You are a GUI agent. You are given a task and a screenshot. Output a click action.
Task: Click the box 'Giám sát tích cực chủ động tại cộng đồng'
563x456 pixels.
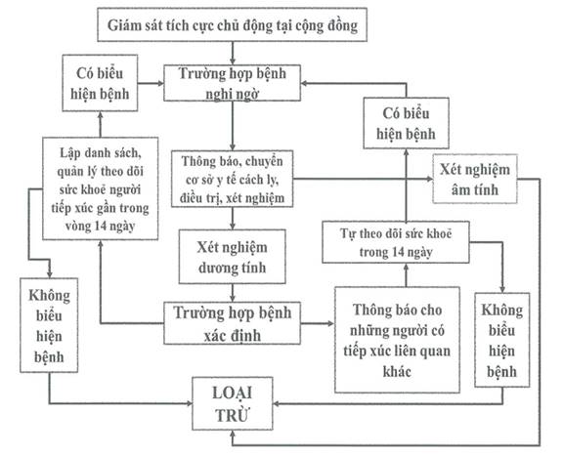coord(232,24)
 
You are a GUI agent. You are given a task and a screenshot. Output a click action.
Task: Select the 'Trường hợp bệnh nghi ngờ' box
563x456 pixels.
coord(232,83)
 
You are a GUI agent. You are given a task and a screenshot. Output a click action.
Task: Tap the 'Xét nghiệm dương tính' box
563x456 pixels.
coord(233,257)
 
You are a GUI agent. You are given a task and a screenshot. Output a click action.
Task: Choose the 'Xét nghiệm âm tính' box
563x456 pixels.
coord(475,179)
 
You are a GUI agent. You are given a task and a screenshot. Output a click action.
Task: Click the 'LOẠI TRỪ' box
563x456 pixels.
coord(233,403)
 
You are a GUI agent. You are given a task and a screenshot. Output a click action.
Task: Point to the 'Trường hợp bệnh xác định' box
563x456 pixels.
coord(232,323)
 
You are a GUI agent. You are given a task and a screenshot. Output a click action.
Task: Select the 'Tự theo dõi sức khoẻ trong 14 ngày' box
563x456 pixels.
coord(395,242)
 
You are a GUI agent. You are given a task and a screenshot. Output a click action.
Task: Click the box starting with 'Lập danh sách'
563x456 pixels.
coord(100,188)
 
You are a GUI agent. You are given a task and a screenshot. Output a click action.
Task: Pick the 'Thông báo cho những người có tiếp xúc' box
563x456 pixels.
coord(397,340)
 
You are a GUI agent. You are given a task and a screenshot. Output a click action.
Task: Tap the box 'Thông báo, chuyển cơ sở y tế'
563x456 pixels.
coord(232,179)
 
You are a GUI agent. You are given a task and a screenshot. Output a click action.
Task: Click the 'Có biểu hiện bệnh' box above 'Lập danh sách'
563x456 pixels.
coord(100,83)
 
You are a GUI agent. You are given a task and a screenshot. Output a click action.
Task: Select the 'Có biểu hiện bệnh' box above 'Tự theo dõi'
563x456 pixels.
coord(406,123)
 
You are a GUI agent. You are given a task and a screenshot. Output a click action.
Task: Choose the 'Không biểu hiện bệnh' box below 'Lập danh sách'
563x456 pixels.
coord(49,325)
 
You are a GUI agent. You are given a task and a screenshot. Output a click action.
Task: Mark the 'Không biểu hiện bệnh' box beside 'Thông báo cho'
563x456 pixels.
coord(502,340)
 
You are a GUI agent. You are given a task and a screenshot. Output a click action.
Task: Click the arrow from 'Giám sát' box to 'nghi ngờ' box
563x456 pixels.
coord(233,53)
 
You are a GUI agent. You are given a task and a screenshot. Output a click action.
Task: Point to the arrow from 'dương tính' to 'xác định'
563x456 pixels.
coord(233,293)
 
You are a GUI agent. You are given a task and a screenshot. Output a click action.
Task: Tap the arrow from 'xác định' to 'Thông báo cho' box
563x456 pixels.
coord(318,323)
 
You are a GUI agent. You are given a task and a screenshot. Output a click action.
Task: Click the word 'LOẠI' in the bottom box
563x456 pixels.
coord(232,393)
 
